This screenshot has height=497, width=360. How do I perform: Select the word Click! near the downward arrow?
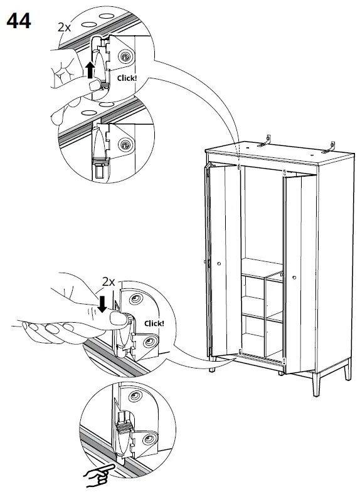coord(154,323)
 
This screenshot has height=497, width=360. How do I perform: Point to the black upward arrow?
coord(91,69)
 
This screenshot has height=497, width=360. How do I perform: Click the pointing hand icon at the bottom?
coord(97,474)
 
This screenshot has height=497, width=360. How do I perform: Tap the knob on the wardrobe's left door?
coord(219,264)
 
